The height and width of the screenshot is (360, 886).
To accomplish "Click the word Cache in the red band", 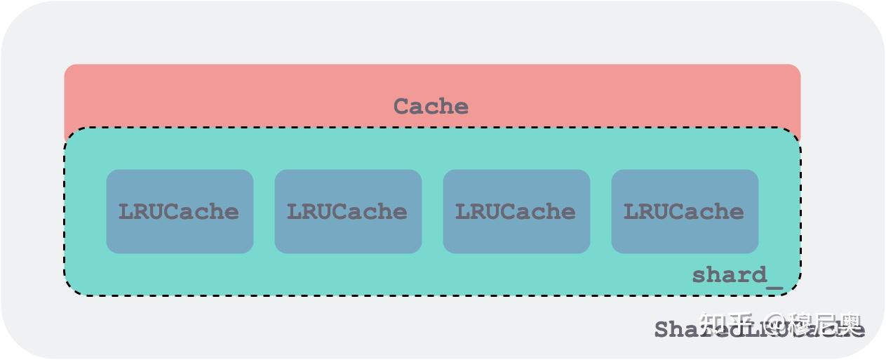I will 430,107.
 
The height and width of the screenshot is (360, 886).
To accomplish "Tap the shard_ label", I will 737,275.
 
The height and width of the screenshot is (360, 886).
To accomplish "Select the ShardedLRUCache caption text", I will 758,329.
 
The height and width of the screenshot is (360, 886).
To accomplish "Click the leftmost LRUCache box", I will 180,211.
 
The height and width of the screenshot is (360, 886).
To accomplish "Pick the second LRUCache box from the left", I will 348,211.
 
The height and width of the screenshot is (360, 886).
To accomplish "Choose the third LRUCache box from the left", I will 516,211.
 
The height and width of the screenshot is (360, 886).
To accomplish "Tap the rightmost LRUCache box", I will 685,211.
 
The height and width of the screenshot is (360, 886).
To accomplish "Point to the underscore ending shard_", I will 774,287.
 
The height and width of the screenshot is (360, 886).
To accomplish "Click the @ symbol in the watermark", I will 775,324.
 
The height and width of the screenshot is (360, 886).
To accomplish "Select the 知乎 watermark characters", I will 728,324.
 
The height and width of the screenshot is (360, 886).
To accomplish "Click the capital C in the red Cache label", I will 401,107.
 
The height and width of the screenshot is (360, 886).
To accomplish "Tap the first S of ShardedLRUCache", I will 662,329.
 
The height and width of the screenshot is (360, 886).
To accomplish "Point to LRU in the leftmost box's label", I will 140,211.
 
